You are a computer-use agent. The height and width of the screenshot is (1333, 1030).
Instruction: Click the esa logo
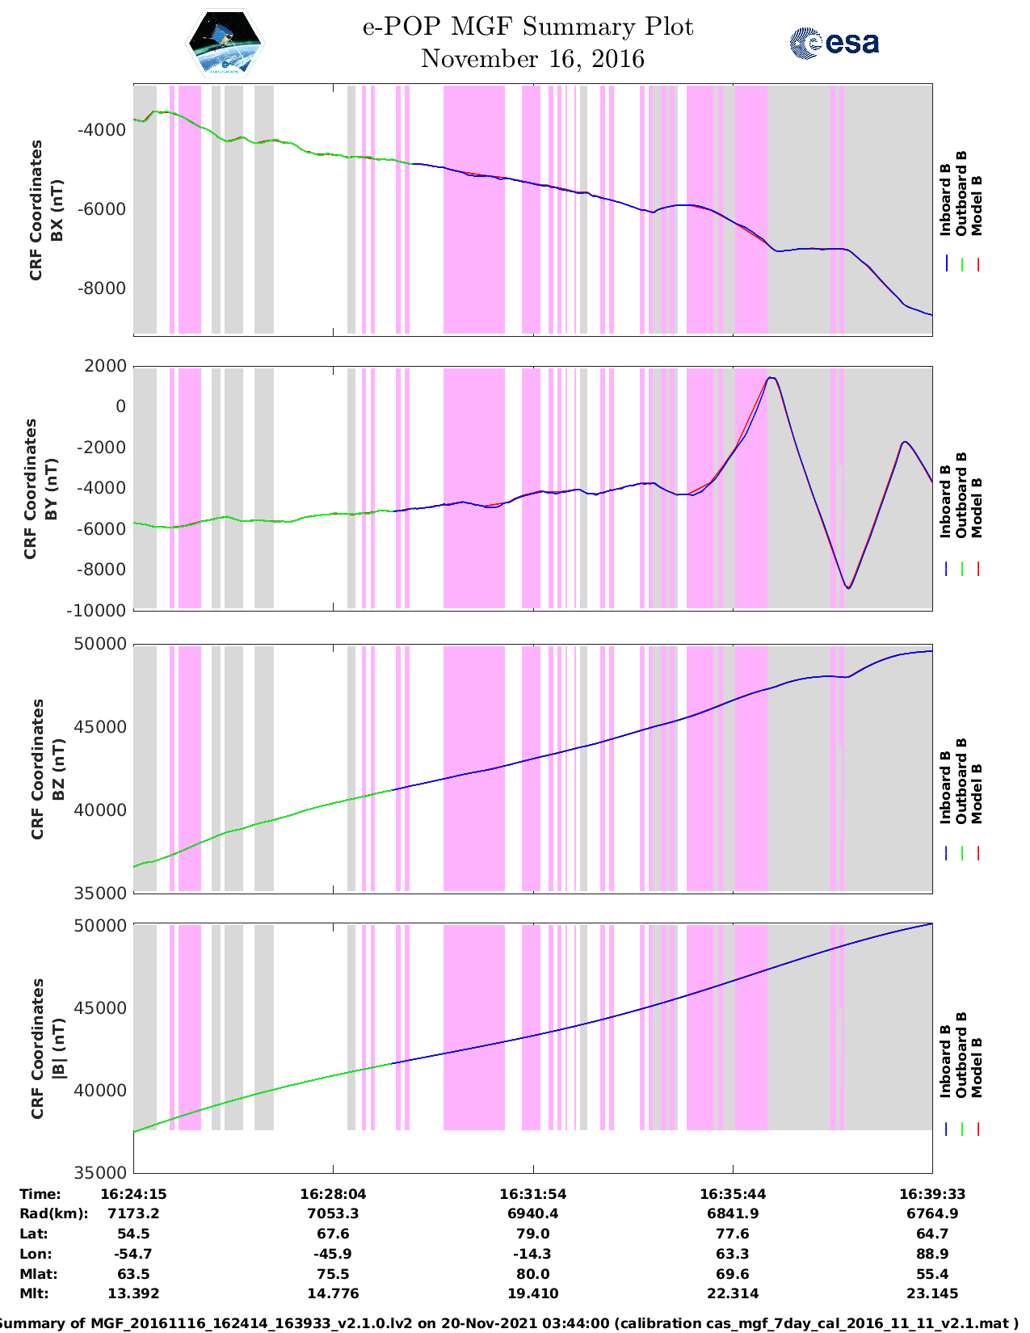(x=834, y=43)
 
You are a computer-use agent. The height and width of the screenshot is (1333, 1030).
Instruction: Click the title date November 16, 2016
(x=532, y=59)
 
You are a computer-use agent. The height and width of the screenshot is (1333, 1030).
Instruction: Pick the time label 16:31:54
(x=532, y=1194)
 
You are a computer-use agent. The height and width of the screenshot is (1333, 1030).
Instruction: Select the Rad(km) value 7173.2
(x=133, y=1213)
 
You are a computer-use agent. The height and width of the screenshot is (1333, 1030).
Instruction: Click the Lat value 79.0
(x=532, y=1234)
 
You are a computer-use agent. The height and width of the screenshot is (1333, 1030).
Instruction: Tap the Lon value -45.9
(x=333, y=1254)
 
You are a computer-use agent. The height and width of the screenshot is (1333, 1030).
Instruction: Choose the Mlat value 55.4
(x=932, y=1274)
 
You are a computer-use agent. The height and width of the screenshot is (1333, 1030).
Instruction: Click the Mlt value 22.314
(x=733, y=1293)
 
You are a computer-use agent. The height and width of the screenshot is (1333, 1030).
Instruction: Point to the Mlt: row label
(x=34, y=1293)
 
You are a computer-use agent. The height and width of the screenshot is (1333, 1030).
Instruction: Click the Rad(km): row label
(x=53, y=1213)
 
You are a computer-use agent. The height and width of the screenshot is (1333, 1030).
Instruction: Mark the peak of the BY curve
(x=771, y=377)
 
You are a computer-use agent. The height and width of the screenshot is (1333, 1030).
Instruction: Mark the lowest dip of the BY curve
(x=847, y=588)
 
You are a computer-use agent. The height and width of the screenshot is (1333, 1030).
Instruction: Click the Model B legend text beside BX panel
(x=977, y=205)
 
